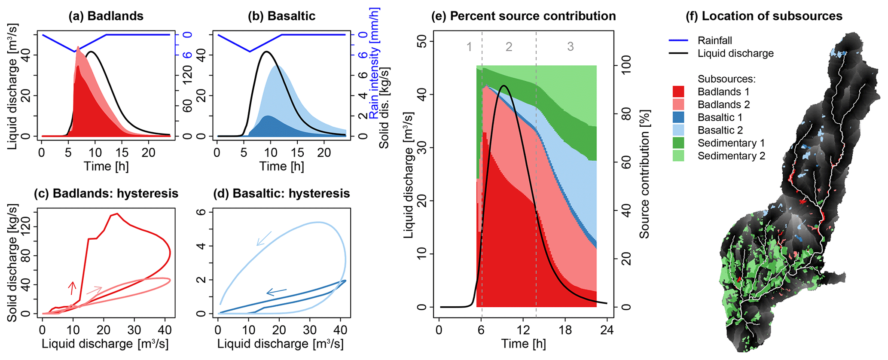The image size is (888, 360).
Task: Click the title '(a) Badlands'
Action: pos(106,16)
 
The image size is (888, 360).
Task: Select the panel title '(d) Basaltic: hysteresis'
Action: pos(281,194)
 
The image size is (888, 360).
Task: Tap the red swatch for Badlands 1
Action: pos(678,92)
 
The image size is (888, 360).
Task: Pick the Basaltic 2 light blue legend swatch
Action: pos(678,130)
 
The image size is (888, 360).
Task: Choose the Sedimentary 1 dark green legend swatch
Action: pos(678,143)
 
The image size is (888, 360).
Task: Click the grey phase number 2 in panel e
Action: pos(509,47)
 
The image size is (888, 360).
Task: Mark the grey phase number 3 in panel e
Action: pos(570,47)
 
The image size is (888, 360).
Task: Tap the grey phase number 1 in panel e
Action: pos(469,47)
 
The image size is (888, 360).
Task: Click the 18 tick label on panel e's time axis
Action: pos(565,330)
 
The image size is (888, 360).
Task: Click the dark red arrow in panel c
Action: pos(72,288)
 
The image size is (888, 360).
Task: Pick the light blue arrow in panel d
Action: pos(264,238)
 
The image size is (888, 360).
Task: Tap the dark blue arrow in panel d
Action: pos(276,292)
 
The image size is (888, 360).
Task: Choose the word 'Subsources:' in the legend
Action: pos(726,79)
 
